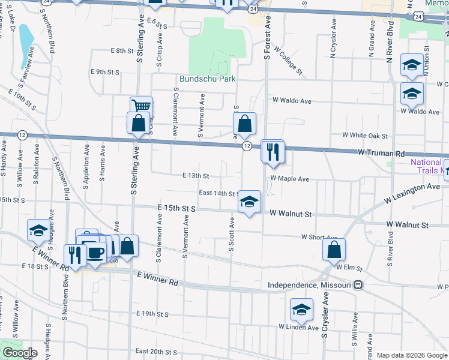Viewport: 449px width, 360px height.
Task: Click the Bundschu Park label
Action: [x=207, y=79]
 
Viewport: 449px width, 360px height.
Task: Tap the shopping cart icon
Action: [x=141, y=106]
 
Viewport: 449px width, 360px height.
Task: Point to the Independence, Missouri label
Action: [x=309, y=285]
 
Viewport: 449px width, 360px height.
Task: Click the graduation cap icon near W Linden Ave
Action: [x=301, y=309]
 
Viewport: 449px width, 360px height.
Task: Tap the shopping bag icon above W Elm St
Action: [x=334, y=249]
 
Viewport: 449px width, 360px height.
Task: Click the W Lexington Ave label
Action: [x=413, y=191]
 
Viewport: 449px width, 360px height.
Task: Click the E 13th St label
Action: [x=196, y=176]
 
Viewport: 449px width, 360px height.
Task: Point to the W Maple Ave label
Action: [x=289, y=179]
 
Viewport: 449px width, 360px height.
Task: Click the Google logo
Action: [x=20, y=352]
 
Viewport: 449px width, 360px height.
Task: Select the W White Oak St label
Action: [x=365, y=136]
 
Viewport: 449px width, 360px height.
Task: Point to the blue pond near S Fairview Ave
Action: [x=26, y=45]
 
